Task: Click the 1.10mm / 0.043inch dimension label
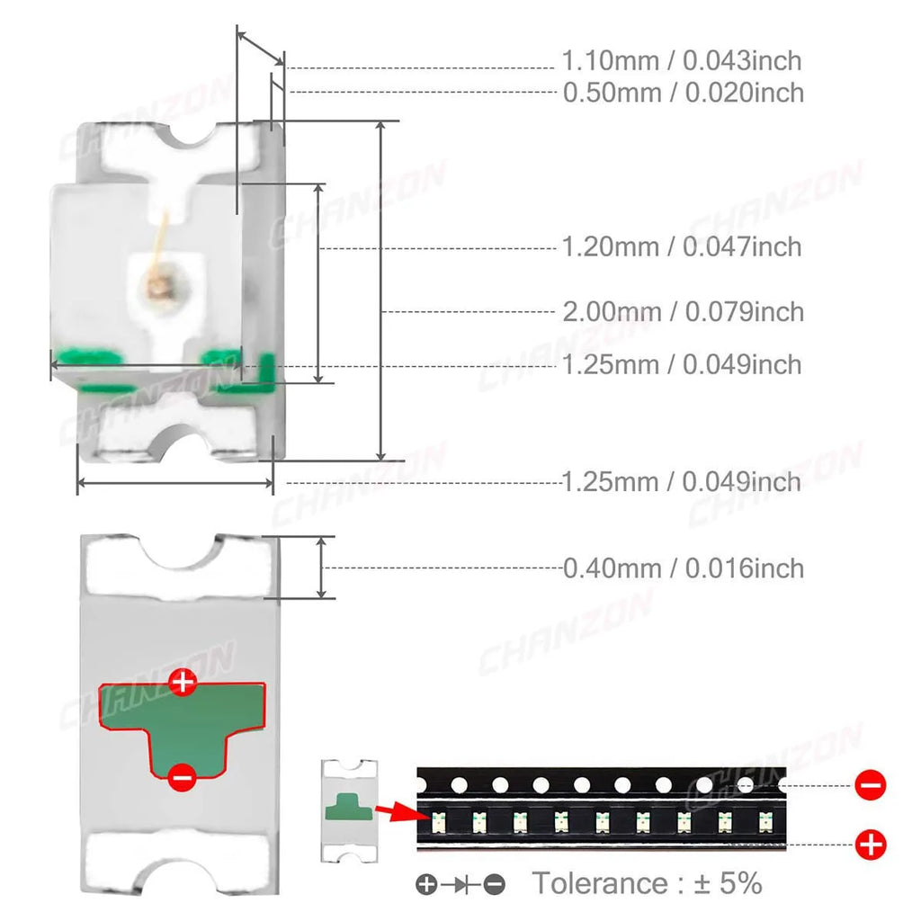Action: [682, 61]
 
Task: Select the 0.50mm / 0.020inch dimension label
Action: [684, 93]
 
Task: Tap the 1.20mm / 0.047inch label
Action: [682, 246]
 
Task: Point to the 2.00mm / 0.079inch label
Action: [684, 312]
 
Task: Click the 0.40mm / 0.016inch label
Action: [684, 568]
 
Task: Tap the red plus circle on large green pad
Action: [183, 682]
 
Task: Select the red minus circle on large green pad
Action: [182, 777]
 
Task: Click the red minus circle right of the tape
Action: [871, 785]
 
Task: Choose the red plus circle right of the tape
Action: [871, 845]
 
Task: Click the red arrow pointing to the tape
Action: [402, 813]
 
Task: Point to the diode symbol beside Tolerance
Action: [460, 884]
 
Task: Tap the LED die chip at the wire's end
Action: [157, 287]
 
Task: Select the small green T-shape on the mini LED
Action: [349, 807]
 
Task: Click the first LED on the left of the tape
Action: [438, 822]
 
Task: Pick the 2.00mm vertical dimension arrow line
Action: [381, 291]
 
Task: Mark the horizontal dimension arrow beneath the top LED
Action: [175, 483]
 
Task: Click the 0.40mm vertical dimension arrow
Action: [321, 568]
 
